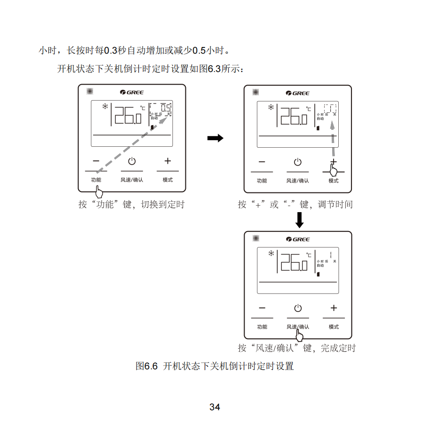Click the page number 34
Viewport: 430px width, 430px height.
215,407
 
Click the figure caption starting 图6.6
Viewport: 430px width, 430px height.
215,366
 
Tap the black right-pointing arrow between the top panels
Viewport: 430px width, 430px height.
215,138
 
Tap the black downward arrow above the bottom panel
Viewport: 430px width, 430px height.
299,219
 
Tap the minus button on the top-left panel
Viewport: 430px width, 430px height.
96,161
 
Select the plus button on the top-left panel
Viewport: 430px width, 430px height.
167,161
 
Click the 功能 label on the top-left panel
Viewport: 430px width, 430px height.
96,180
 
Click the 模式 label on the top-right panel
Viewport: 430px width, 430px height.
334,181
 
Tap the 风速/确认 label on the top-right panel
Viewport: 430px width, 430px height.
298,181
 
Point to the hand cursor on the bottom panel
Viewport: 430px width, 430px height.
299,335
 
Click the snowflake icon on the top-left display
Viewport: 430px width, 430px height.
105,106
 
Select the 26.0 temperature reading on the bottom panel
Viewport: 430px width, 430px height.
294,262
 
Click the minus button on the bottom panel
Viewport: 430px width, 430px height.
262,308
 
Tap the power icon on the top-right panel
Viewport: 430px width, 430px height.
298,162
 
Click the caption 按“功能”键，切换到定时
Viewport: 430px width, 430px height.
131,205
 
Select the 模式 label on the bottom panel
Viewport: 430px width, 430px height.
334,327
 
